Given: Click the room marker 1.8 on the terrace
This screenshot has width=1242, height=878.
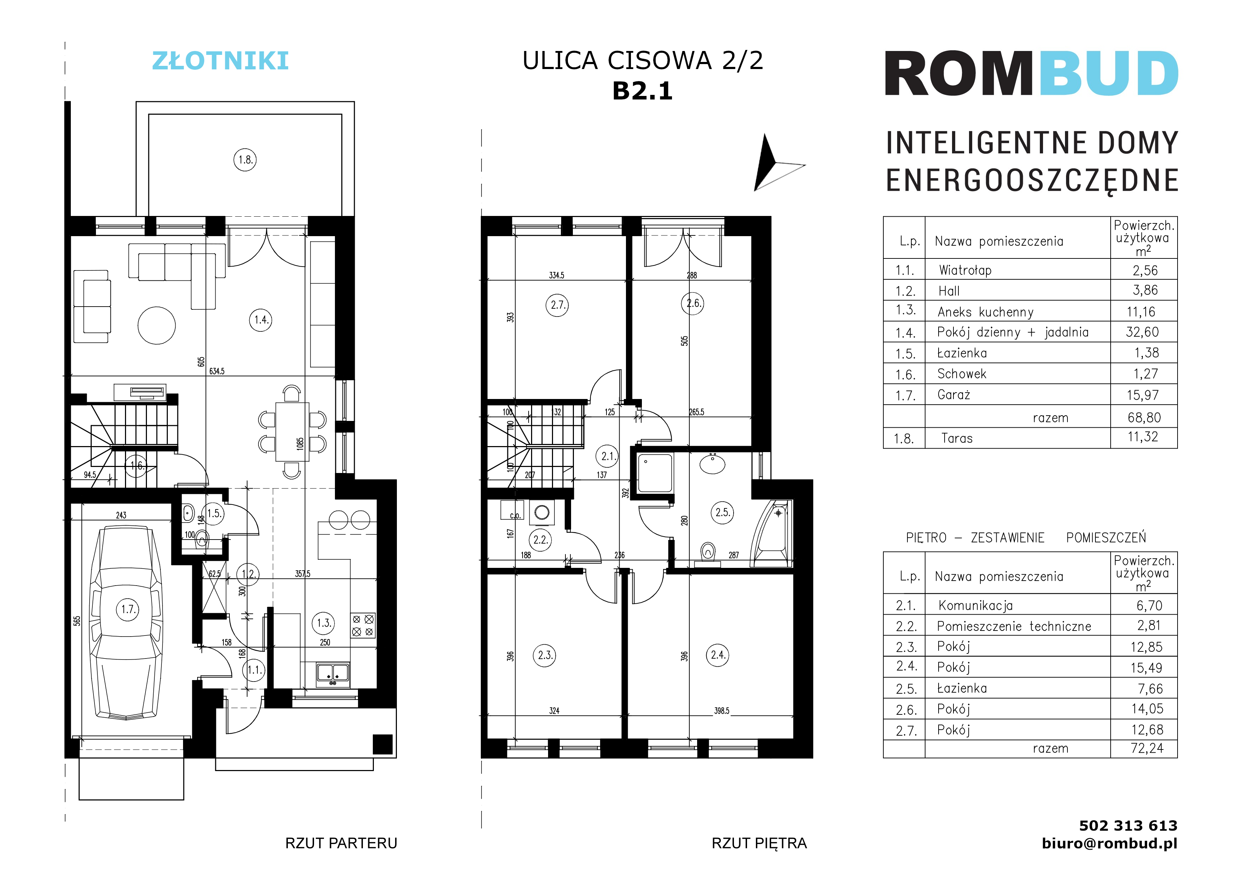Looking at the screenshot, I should tap(245, 160).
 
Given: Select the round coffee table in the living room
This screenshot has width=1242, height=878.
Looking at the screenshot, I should tap(156, 326).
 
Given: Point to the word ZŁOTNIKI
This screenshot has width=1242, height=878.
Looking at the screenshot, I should tap(220, 61).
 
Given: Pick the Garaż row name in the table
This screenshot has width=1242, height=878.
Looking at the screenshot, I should tap(954, 395).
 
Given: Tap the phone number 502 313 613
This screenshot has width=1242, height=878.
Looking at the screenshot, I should tap(1128, 826).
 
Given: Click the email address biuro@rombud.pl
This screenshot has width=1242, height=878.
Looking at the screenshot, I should tap(1110, 843).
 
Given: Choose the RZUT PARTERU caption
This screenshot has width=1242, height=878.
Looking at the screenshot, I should tap(341, 843).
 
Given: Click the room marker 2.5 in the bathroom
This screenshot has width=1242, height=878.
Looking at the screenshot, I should tap(723, 512).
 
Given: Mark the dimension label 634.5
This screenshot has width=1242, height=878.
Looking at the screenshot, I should tap(217, 371).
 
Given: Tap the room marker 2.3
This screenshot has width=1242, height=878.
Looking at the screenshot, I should tap(545, 655).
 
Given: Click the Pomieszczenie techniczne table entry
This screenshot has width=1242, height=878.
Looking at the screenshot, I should tap(1014, 626).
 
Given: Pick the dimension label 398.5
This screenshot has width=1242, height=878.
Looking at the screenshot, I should tap(722, 711).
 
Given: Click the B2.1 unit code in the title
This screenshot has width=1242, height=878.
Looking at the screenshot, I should tap(642, 91).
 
